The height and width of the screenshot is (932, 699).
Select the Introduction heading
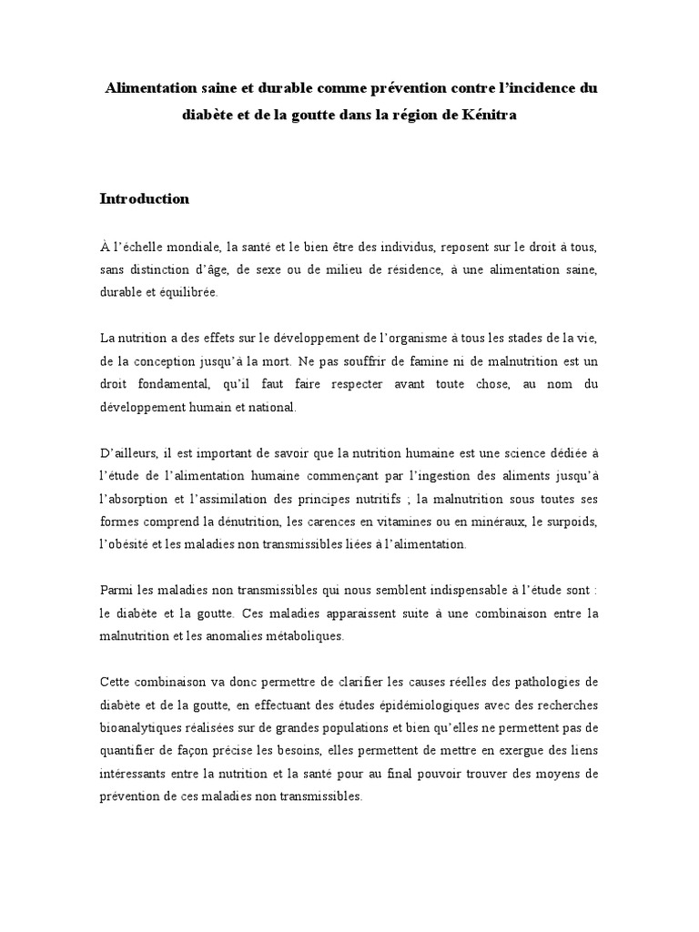click(x=144, y=198)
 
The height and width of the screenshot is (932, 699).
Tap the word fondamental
click(x=166, y=385)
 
